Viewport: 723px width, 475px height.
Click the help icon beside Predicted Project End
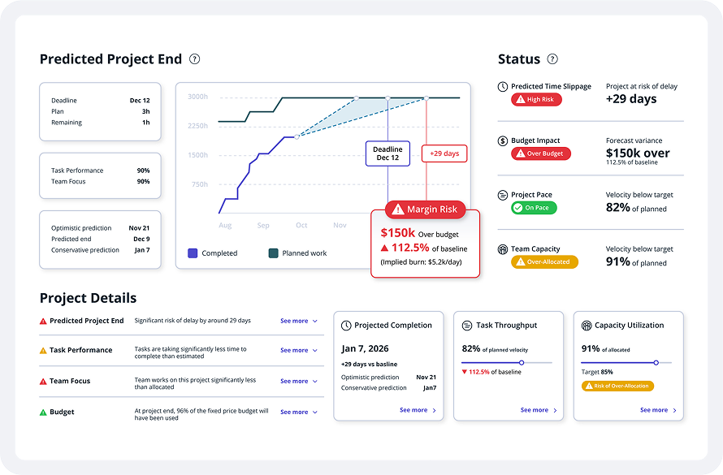click(x=194, y=59)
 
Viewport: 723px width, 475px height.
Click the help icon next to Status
click(x=552, y=59)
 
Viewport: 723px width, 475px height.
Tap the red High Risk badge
click(x=536, y=100)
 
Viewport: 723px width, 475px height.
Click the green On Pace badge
click(x=533, y=208)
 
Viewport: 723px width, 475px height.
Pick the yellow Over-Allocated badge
click(x=544, y=262)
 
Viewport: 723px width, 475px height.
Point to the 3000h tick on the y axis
click(x=198, y=97)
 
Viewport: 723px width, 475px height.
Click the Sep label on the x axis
click(x=263, y=225)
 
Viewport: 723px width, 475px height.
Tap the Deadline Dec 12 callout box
click(x=387, y=153)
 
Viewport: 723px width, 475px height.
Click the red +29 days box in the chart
click(x=444, y=153)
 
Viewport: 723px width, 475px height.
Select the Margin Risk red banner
click(x=426, y=209)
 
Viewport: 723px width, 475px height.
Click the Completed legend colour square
click(x=193, y=253)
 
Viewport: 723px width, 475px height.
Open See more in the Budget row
click(x=298, y=412)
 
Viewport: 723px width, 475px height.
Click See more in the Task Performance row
click(x=298, y=350)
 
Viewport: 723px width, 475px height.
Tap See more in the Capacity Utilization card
click(x=658, y=410)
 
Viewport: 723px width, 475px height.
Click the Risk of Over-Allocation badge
click(x=617, y=386)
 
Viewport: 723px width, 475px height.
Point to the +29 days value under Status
click(x=631, y=100)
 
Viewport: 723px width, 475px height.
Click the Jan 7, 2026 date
click(x=366, y=349)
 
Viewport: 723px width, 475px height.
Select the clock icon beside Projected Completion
click(x=347, y=326)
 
